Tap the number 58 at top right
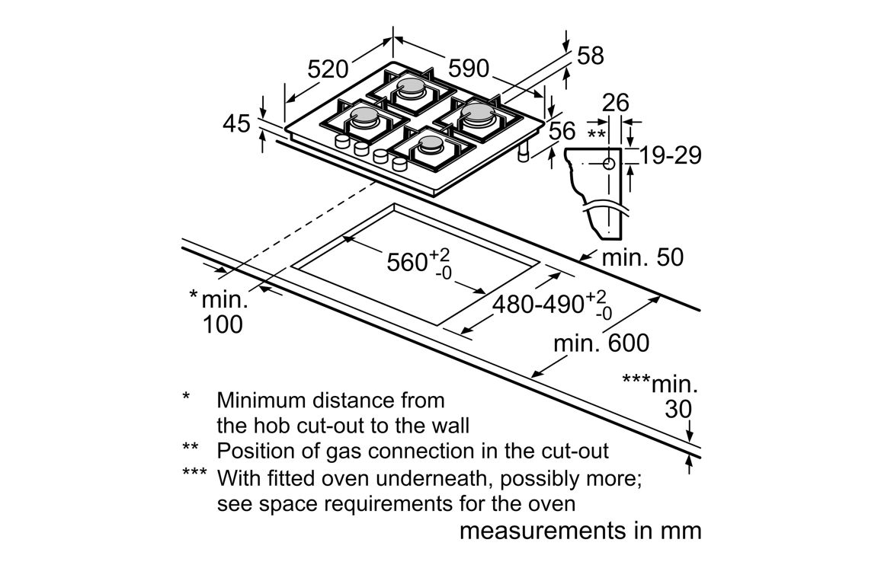tap(590, 56)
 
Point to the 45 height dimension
tap(238, 123)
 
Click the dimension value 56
tap(562, 130)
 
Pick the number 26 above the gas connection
tap(616, 103)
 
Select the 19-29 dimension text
tap(671, 155)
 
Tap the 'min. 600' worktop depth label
tap(601, 343)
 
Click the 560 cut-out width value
tap(406, 263)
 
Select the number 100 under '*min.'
tap(223, 324)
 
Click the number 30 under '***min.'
tap(678, 410)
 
